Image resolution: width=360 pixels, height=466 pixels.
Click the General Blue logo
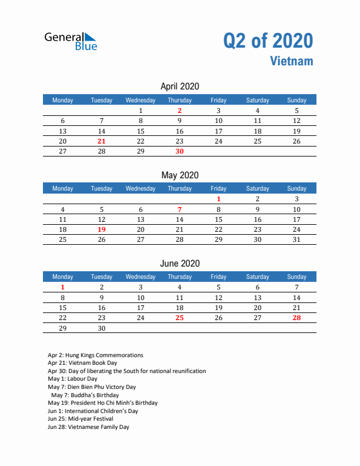pyautogui.click(x=71, y=41)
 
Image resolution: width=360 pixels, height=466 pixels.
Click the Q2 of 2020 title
pyautogui.click(x=268, y=41)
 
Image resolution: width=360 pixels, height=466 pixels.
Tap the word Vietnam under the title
pyautogui.click(x=292, y=61)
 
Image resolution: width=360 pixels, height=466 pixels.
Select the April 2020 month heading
pyautogui.click(x=179, y=86)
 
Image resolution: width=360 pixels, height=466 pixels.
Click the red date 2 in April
pyautogui.click(x=179, y=111)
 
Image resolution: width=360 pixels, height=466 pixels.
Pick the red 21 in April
pyautogui.click(x=102, y=141)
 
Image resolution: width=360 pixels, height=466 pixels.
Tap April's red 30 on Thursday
pyautogui.click(x=179, y=152)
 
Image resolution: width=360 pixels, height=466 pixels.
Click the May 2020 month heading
pyautogui.click(x=179, y=175)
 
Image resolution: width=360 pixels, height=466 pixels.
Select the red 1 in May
pyautogui.click(x=218, y=199)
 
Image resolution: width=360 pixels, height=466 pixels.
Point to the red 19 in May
pyautogui.click(x=102, y=229)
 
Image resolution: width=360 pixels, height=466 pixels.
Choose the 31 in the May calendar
pyautogui.click(x=296, y=239)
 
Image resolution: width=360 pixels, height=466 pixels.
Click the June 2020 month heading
pyautogui.click(x=179, y=263)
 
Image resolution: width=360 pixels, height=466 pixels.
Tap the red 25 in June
pyautogui.click(x=179, y=318)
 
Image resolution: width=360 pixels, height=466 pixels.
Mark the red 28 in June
pyautogui.click(x=296, y=318)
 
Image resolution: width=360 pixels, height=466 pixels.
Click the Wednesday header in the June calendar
pyautogui.click(x=141, y=277)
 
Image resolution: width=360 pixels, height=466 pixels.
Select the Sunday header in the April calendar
pyautogui.click(x=296, y=100)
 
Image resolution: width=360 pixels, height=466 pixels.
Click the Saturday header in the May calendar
pyautogui.click(x=258, y=188)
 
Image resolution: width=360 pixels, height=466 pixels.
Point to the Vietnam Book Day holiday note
pyautogui.click(x=82, y=363)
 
